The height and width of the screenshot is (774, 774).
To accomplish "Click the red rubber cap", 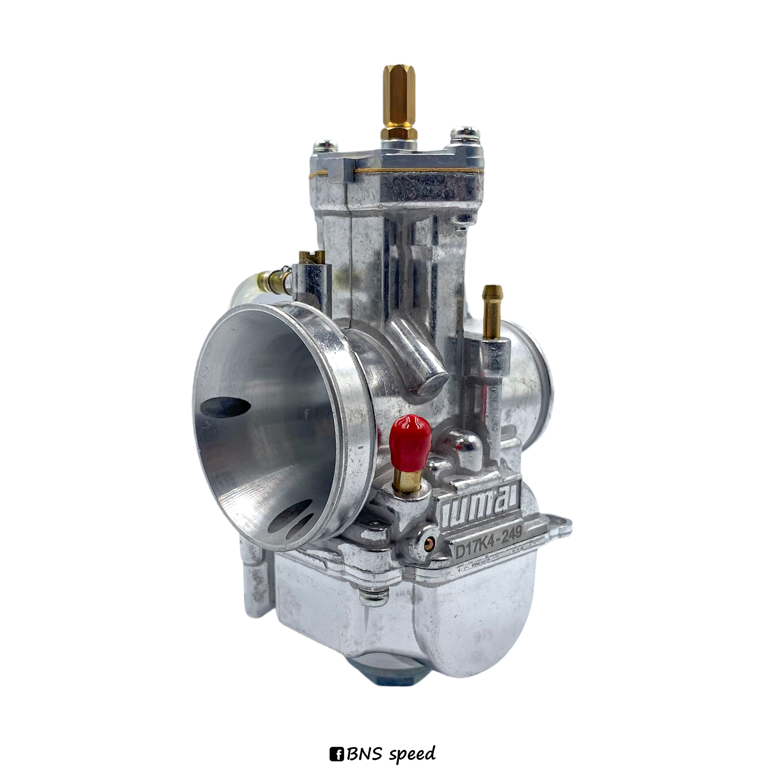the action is click(411, 442).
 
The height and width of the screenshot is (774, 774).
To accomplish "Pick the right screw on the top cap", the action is click(465, 135).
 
